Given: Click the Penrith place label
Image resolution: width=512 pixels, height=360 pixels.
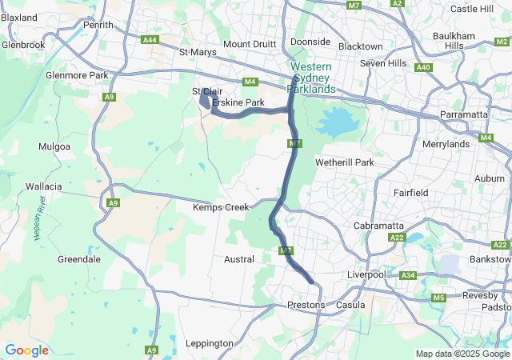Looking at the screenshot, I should [x=98, y=25].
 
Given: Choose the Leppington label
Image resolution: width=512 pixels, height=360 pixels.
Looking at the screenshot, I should [x=209, y=343].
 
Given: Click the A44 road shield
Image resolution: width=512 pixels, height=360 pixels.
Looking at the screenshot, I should [x=150, y=39].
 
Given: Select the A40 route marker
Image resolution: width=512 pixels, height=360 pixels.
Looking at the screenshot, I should [x=424, y=67].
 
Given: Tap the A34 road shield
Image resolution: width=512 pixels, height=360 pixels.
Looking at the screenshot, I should [x=408, y=275].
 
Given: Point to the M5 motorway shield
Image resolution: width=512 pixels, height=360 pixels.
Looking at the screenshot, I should [x=438, y=298].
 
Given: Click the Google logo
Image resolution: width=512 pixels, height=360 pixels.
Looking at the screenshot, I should [x=26, y=350].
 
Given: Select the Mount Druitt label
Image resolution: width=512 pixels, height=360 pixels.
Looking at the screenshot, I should [x=250, y=44].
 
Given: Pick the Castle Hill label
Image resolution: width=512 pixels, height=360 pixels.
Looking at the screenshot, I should [x=472, y=9].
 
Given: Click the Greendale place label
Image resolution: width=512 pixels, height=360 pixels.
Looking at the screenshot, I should [x=79, y=259].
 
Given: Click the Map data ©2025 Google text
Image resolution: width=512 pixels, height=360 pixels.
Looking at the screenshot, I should [x=462, y=354].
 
